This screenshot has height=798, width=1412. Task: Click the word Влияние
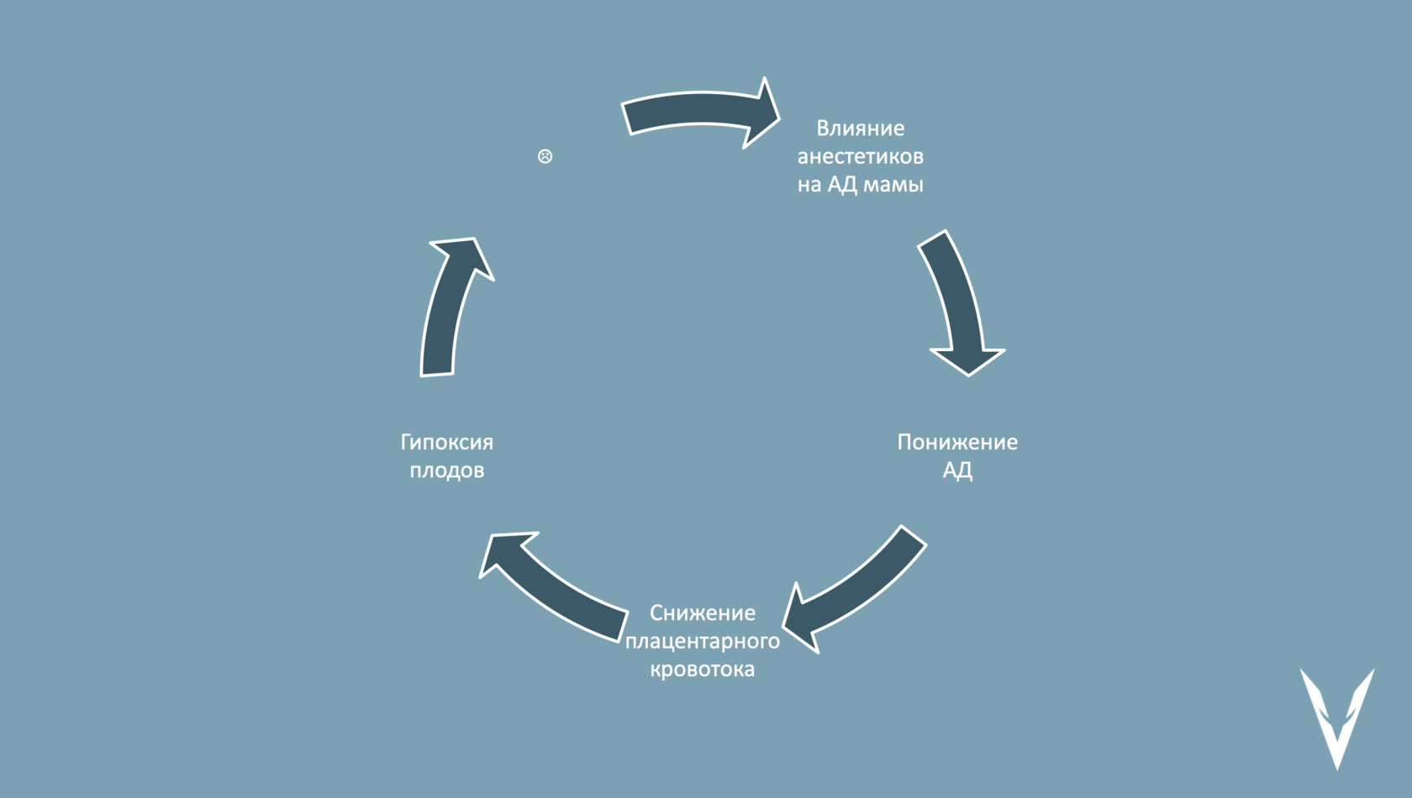coord(860,129)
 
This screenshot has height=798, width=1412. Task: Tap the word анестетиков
coord(860,156)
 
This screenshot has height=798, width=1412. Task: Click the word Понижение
coord(956,442)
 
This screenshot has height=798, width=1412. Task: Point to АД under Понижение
coord(956,470)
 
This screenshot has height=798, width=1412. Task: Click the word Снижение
coord(702,613)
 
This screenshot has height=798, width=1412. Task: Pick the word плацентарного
coord(702,641)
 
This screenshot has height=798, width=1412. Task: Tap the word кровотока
coord(702,669)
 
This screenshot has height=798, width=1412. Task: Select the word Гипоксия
coord(446,442)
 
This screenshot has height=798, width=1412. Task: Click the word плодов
coord(446,470)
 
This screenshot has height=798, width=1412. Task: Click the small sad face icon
coord(545,156)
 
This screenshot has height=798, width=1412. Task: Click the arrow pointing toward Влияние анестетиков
coord(698,112)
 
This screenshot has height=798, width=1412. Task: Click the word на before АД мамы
coord(809,184)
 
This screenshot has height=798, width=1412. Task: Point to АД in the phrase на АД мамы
coord(842,184)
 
